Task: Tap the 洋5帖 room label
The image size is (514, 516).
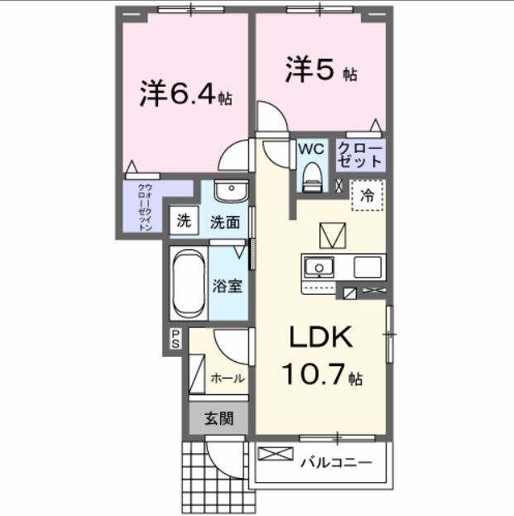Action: coord(321,70)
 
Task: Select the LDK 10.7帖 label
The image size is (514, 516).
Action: coord(320,356)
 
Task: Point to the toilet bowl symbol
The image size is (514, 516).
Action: coord(311,175)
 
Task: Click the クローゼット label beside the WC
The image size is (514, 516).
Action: coord(361,153)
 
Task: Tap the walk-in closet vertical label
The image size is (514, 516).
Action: coord(144,208)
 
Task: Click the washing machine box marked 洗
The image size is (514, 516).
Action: coord(184,221)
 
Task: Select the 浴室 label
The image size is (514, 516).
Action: coord(228,286)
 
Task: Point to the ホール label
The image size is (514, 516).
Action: coord(228,378)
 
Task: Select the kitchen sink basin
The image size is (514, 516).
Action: coord(317,268)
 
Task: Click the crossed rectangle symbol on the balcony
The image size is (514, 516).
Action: coord(276,454)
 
